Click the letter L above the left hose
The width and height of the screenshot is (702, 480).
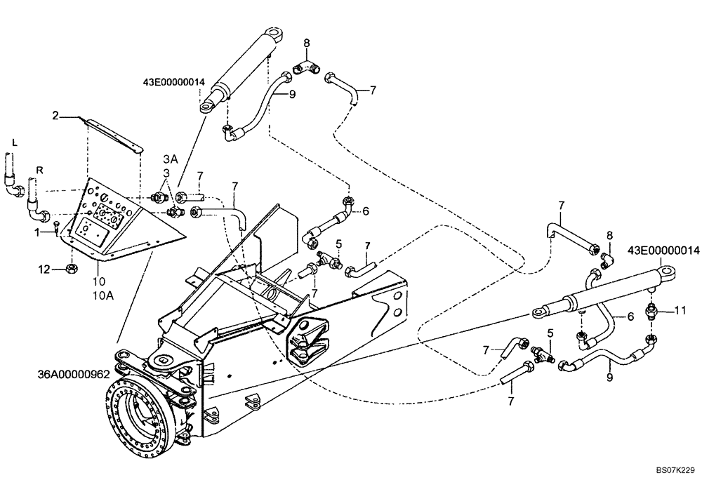(x=13, y=142)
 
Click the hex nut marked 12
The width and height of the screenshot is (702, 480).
(x=71, y=268)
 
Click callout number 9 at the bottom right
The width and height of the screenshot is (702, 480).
(x=609, y=378)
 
